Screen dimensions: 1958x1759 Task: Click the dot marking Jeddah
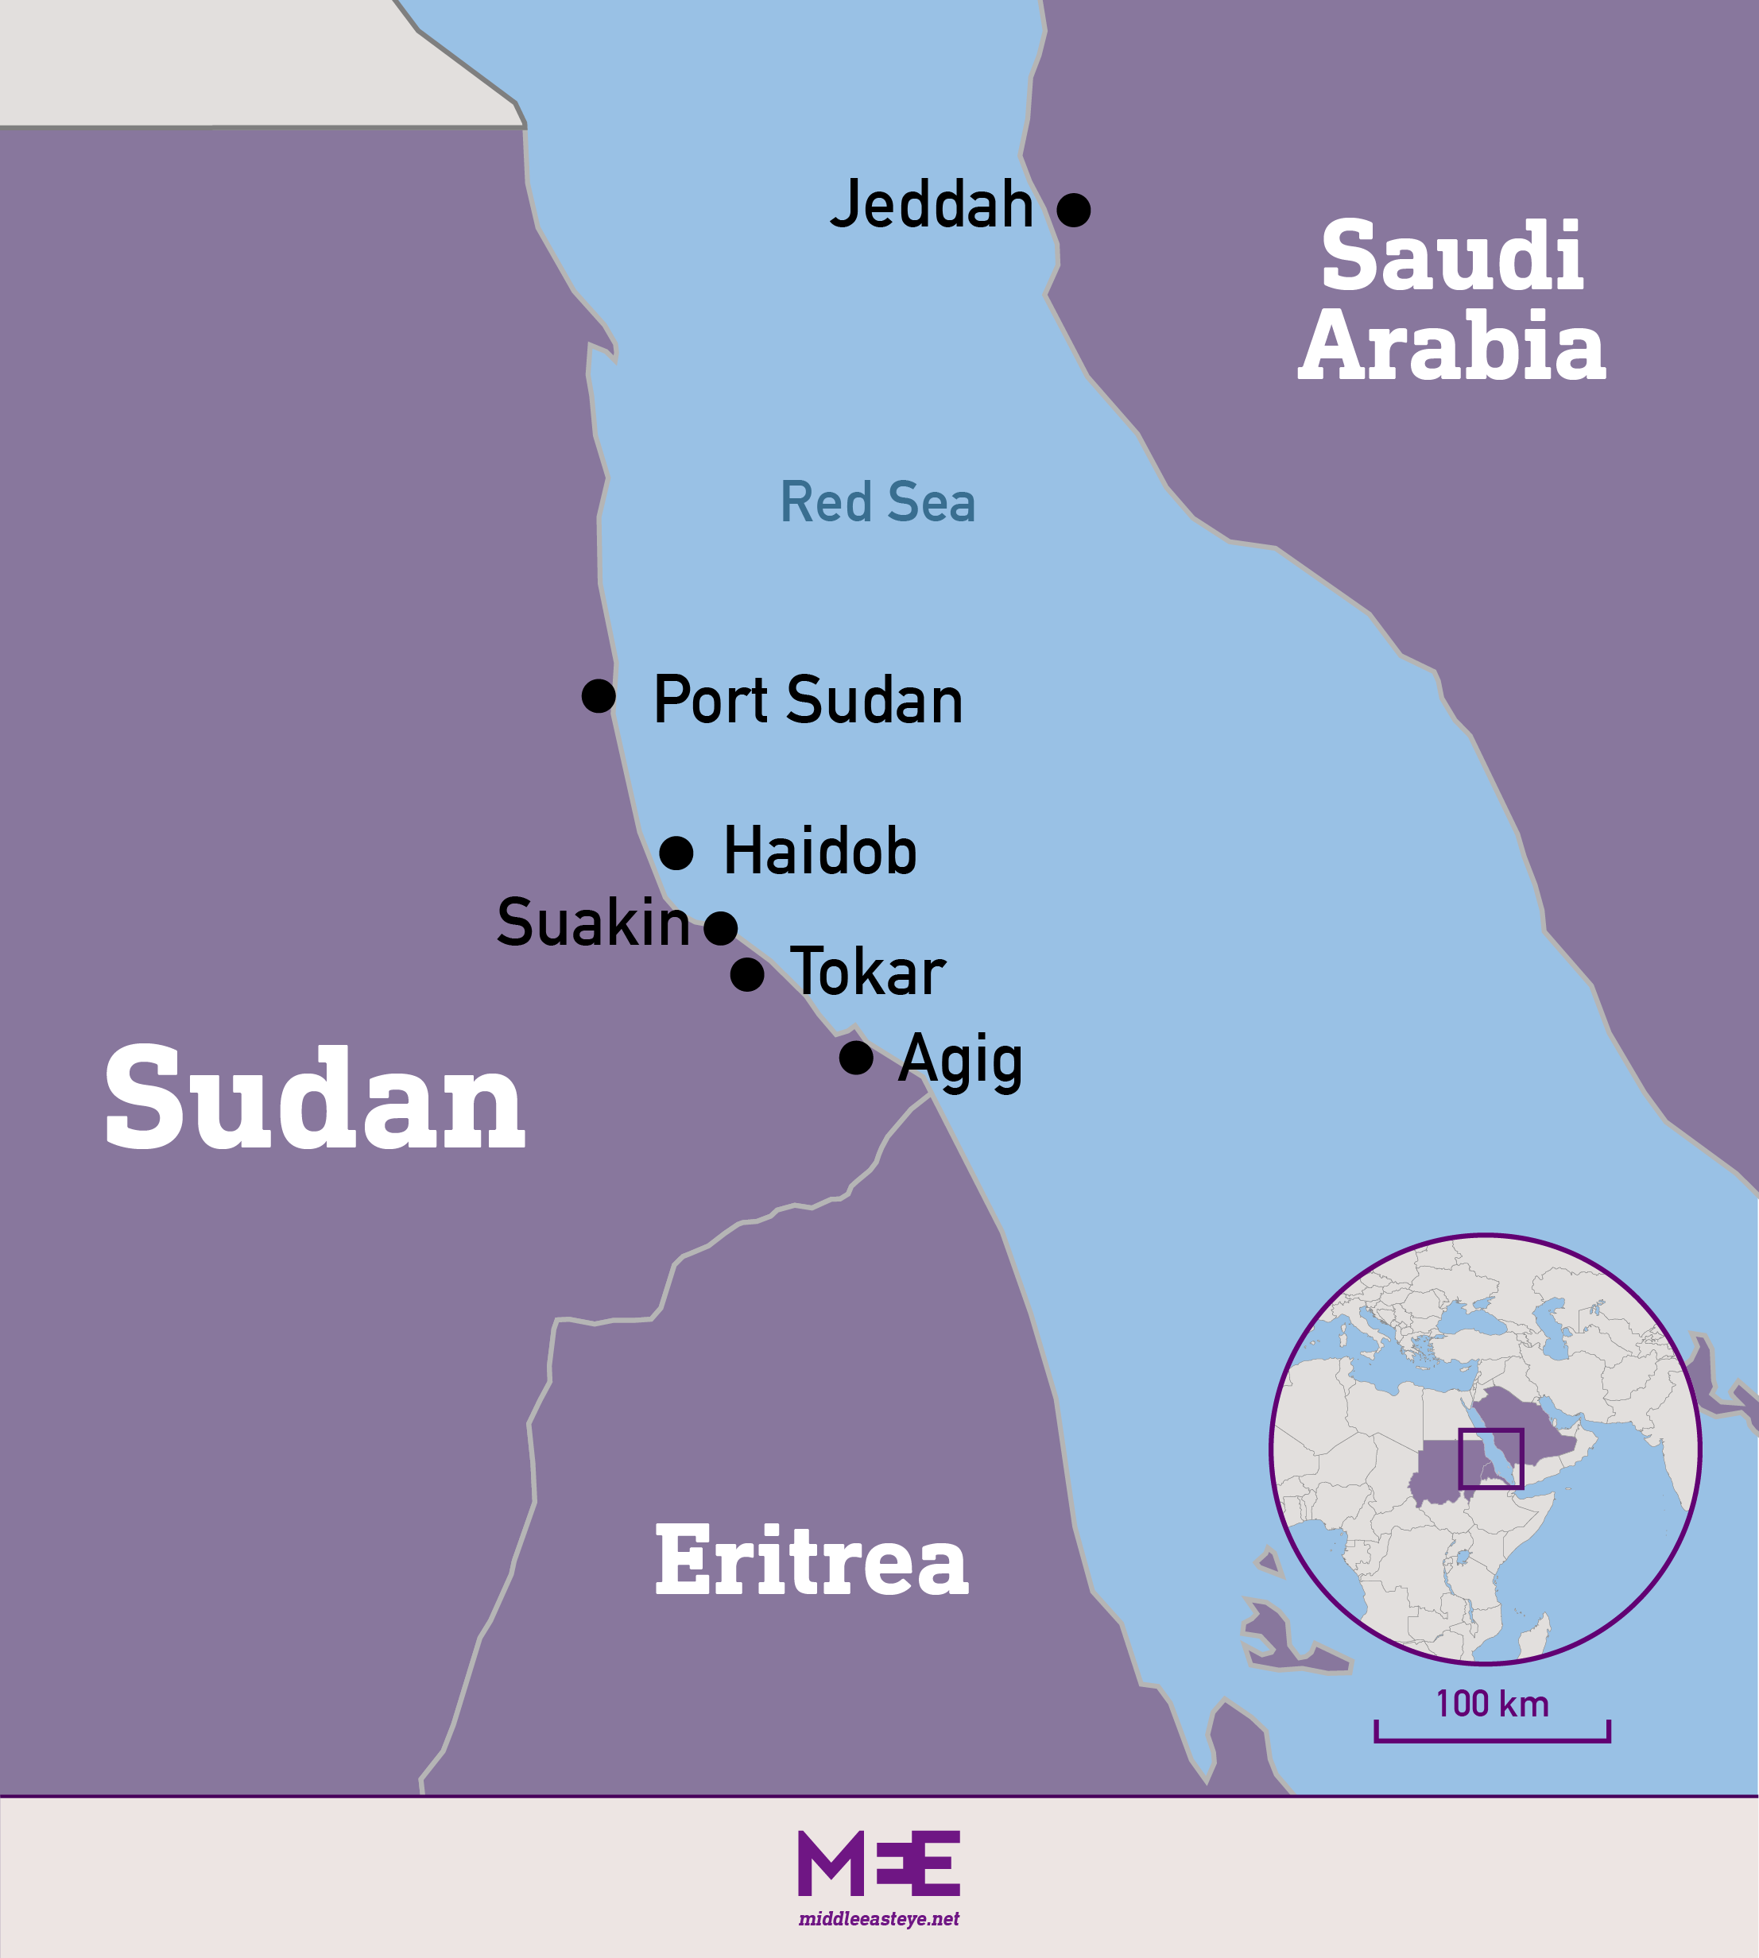(1073, 210)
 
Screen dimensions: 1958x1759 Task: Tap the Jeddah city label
(932, 205)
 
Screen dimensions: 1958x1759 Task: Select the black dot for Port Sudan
(599, 696)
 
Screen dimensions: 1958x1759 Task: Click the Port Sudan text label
(808, 701)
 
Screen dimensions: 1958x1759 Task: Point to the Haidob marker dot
(676, 853)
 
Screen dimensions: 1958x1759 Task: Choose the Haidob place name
(819, 853)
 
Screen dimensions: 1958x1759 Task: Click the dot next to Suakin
(720, 928)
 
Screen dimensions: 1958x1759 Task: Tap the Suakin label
(592, 923)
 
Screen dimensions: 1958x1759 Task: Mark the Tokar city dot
(746, 974)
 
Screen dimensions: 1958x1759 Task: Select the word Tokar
(867, 972)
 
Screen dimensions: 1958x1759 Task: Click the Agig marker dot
(855, 1058)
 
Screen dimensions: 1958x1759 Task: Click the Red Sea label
(878, 502)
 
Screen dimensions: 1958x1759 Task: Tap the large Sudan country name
(314, 1100)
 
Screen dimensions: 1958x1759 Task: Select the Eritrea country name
(811, 1561)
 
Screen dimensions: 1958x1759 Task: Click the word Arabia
(1451, 346)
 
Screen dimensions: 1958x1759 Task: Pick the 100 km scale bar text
(1492, 1704)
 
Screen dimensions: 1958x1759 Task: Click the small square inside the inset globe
(1490, 1459)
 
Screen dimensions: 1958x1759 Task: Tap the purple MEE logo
(878, 1863)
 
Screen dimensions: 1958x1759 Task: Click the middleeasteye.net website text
(878, 1919)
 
